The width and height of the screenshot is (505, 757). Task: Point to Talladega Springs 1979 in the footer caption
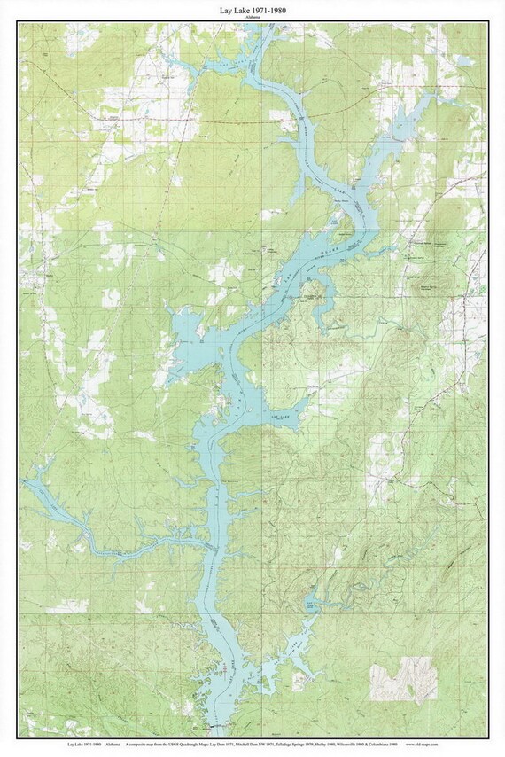point(305,744)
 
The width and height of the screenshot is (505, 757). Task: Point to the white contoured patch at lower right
point(404,679)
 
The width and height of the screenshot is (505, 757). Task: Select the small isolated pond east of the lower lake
point(310,604)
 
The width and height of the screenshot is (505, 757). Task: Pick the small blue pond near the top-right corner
point(464,60)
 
